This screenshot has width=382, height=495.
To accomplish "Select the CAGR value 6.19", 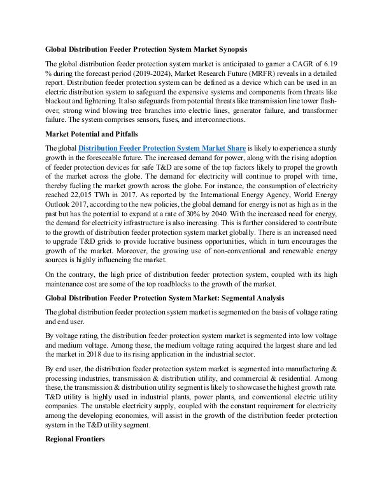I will (329, 64).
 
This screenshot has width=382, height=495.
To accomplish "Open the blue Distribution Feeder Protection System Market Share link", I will (162, 148).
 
